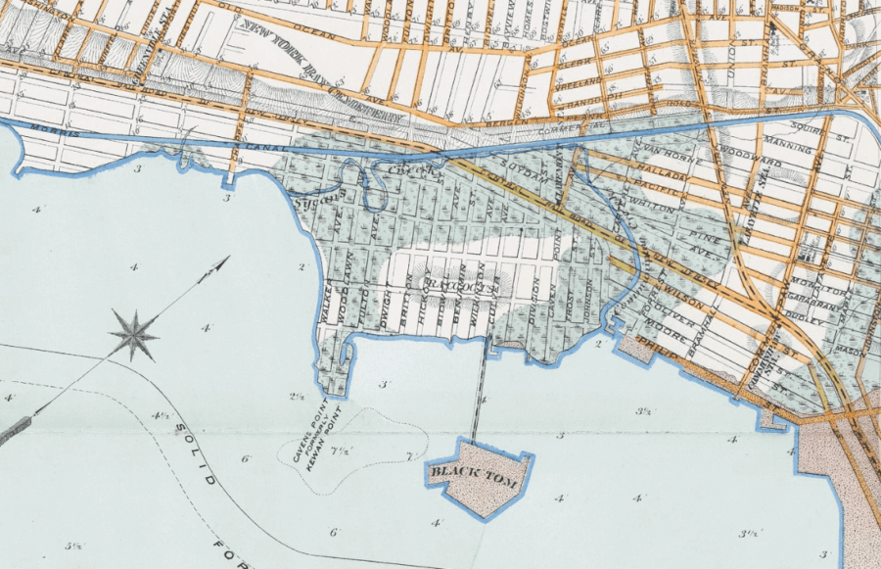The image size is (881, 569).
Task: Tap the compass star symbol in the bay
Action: click(x=134, y=334)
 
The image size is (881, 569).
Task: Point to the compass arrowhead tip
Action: click(x=227, y=259)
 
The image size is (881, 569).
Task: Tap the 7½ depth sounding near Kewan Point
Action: click(x=342, y=451)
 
